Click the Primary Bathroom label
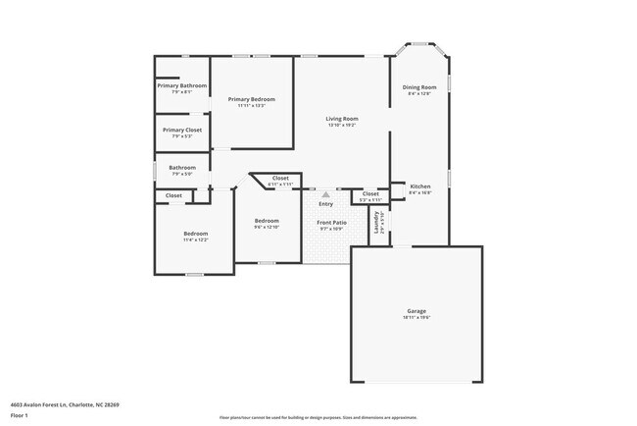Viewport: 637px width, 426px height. [x=182, y=86]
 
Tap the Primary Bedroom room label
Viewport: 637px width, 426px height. [x=251, y=99]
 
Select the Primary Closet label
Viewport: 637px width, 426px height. [x=182, y=130]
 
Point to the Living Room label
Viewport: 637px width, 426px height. [x=342, y=119]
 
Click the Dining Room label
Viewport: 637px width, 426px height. [x=418, y=87]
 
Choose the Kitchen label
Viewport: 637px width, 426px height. [x=419, y=186]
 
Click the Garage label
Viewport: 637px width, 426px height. [x=417, y=311]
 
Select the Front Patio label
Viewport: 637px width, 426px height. [x=331, y=223]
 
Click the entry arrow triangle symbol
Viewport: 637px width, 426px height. [x=326, y=194]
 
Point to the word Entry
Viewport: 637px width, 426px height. [x=325, y=204]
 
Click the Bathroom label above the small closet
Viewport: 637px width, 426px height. [x=182, y=168]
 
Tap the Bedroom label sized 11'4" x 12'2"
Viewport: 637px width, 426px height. [x=194, y=233]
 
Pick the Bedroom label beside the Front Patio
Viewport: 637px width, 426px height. [x=267, y=221]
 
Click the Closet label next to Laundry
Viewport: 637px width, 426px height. [x=370, y=194]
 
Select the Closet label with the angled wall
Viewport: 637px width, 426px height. [x=280, y=178]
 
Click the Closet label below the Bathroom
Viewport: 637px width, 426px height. [x=173, y=196]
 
